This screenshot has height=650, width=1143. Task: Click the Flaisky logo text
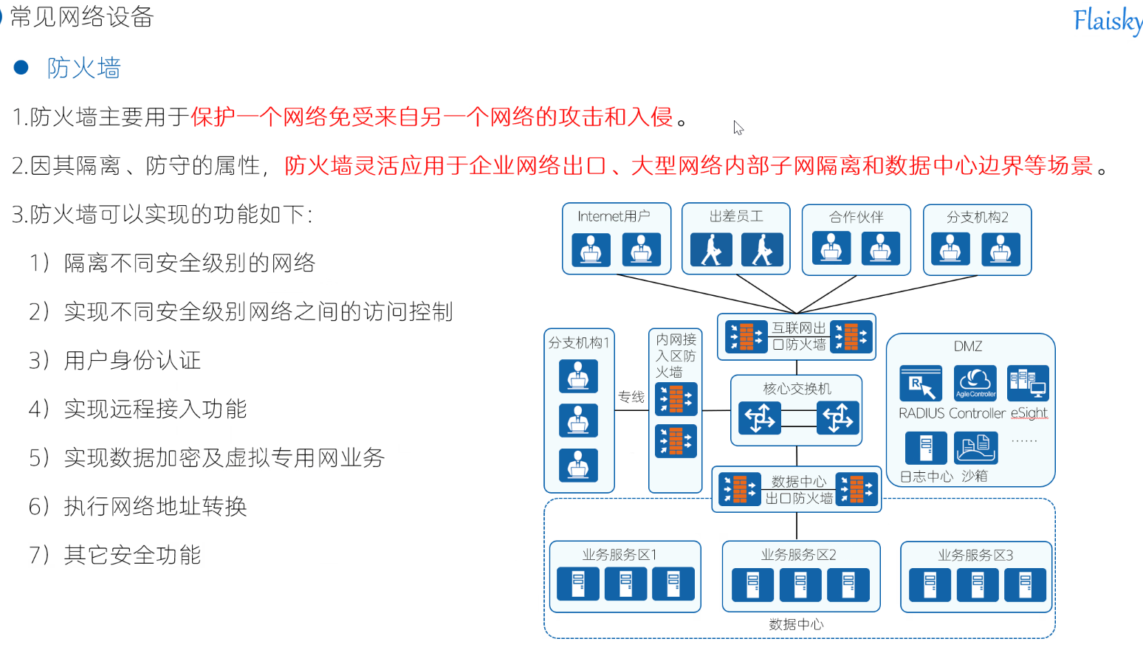coord(1108,21)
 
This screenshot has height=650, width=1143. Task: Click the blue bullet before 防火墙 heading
coord(21,68)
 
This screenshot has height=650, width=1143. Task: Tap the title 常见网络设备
coord(81,16)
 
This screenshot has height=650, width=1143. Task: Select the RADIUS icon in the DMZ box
coord(920,383)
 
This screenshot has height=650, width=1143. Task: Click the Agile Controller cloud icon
coord(975,383)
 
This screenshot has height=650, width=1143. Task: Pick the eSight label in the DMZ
coord(1029,413)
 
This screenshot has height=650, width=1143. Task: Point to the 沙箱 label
coord(975,476)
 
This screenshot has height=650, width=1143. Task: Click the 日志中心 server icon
coord(926,448)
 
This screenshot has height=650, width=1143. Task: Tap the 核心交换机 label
coord(797,389)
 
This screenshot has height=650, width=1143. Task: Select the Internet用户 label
coord(614,216)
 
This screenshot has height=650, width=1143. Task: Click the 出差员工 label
coord(736,216)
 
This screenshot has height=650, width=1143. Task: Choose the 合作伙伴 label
coord(856,217)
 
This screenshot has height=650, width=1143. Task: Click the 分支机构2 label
coord(977,217)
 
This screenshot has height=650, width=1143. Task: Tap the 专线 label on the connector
coord(631,397)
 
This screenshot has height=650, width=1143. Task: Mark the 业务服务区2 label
coord(798,555)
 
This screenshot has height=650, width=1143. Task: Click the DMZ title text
coord(968,346)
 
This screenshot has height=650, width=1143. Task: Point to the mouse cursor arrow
coord(738,127)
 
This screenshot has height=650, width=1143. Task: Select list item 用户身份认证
coord(132,360)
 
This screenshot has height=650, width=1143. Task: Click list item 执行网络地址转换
coord(155,506)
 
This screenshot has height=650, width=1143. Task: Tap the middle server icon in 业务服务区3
coord(977,584)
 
